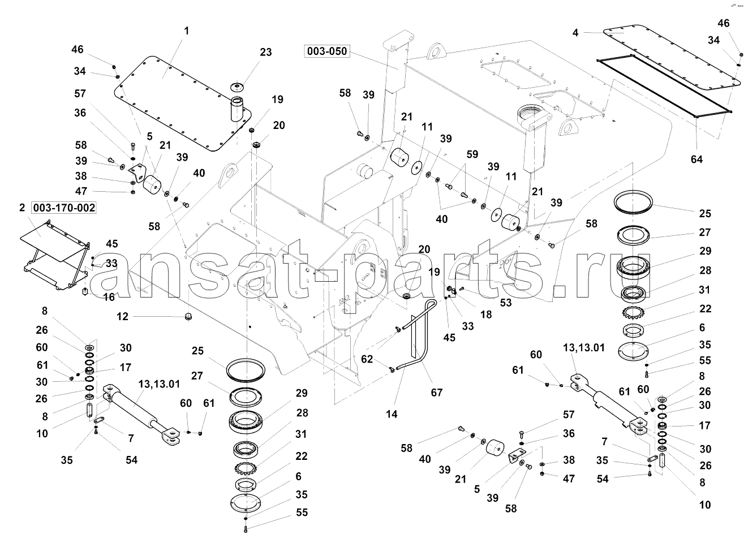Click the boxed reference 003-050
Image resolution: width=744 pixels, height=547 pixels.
tap(327, 51)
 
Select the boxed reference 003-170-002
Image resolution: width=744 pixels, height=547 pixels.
tap(64, 208)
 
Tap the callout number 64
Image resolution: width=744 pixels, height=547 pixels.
tap(696, 159)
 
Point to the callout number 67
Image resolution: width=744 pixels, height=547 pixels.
tap(437, 392)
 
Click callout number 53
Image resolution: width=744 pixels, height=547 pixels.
tap(506, 303)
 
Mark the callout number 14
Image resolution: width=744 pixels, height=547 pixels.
tap(392, 414)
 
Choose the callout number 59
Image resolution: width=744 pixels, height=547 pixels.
tap(472, 153)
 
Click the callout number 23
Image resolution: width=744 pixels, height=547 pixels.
tap(266, 52)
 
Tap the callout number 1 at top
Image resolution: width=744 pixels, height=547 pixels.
tap(186, 31)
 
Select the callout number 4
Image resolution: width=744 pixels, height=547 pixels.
tap(575, 33)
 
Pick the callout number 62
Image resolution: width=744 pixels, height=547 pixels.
tap(367, 358)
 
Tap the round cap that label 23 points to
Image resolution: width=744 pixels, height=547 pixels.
tap(236, 88)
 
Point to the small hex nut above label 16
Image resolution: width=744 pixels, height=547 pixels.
tap(85, 291)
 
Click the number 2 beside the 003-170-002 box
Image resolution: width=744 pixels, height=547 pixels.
tap(22, 208)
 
